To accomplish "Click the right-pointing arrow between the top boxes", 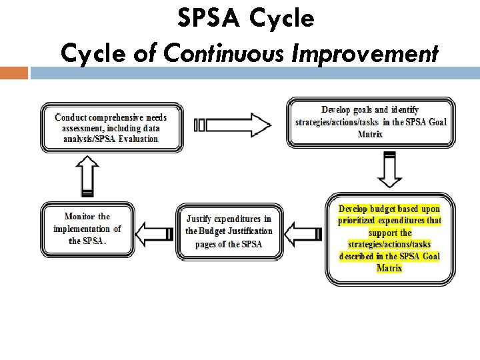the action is click(x=233, y=125).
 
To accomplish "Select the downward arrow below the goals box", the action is click(x=388, y=170).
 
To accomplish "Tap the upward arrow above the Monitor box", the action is click(x=87, y=176).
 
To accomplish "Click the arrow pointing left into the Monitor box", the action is click(x=155, y=232).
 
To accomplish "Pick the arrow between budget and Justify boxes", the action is click(x=303, y=232).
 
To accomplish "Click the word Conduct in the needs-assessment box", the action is click(x=71, y=117).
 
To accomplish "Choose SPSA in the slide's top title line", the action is click(x=207, y=18).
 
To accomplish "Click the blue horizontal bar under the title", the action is click(x=254, y=73).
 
